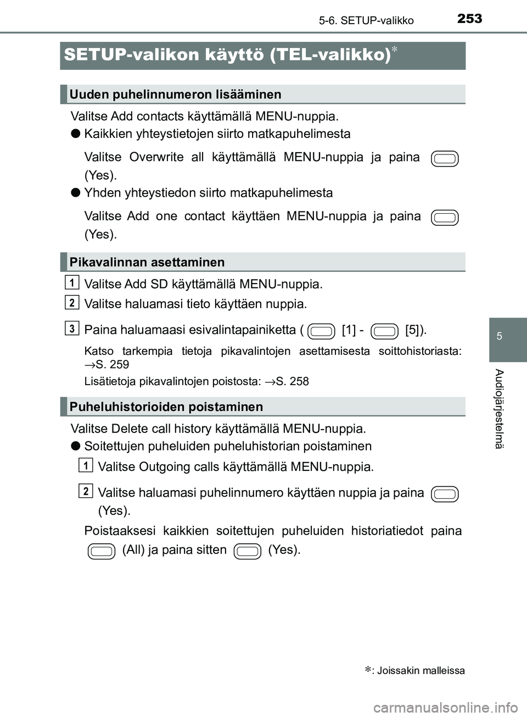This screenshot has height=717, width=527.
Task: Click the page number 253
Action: [469, 19]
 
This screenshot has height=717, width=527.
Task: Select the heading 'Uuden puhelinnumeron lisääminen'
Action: [175, 95]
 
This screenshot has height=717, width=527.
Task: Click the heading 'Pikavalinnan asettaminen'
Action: [147, 262]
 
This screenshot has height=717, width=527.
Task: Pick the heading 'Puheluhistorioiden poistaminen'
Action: [166, 407]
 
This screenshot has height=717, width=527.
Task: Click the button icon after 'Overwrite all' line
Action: [445, 159]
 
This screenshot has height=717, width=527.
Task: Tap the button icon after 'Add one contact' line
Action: [445, 218]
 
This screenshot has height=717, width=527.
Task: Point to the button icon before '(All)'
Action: [102, 551]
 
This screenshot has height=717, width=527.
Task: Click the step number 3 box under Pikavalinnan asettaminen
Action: [71, 328]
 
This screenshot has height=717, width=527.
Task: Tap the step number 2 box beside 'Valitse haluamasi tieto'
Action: [71, 302]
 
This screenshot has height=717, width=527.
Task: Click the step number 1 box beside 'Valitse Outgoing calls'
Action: [85, 465]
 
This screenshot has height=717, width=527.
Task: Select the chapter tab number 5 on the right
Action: [500, 336]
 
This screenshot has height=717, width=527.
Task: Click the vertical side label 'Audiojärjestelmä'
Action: [499, 409]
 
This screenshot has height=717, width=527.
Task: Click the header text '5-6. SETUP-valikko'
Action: [366, 21]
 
